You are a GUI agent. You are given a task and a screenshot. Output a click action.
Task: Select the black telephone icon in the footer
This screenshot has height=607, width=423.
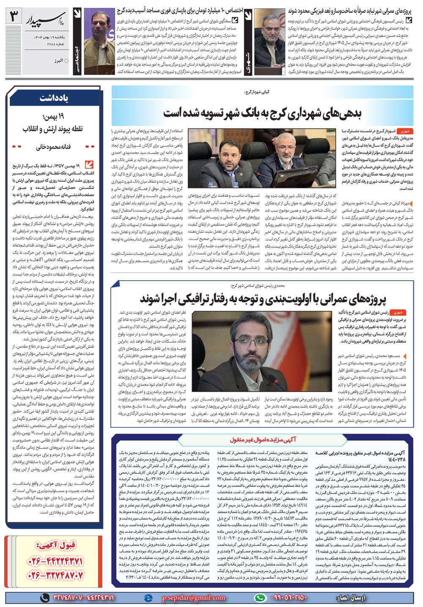44,597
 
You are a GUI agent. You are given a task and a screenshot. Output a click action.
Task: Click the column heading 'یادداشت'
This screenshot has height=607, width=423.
54,98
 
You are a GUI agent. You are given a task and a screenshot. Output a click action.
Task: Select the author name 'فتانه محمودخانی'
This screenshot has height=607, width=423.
53,147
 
